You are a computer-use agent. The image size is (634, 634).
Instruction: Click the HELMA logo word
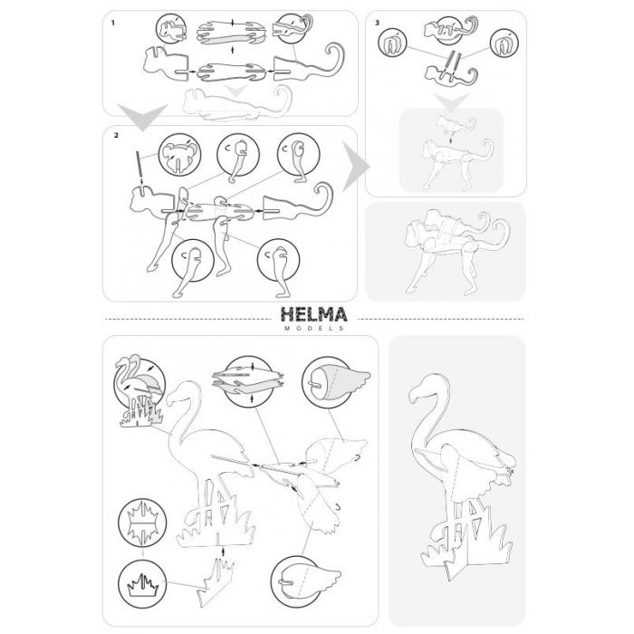[313, 314]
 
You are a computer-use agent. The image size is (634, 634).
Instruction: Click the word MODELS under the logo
[314, 328]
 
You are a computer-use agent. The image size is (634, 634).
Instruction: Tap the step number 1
[113, 23]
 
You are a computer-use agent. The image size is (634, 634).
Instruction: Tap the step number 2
[117, 135]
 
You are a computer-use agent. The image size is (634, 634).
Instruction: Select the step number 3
[378, 23]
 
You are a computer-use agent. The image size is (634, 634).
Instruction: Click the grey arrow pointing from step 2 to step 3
[355, 166]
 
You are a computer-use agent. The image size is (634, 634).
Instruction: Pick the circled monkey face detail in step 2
[179, 154]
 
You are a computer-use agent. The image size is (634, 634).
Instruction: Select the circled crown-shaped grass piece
[142, 583]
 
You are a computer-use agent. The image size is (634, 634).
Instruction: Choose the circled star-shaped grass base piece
[142, 523]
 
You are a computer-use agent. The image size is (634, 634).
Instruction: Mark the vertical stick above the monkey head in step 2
[138, 165]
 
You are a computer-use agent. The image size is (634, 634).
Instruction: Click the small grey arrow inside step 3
[451, 101]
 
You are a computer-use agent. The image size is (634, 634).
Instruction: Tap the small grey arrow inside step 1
[236, 91]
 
